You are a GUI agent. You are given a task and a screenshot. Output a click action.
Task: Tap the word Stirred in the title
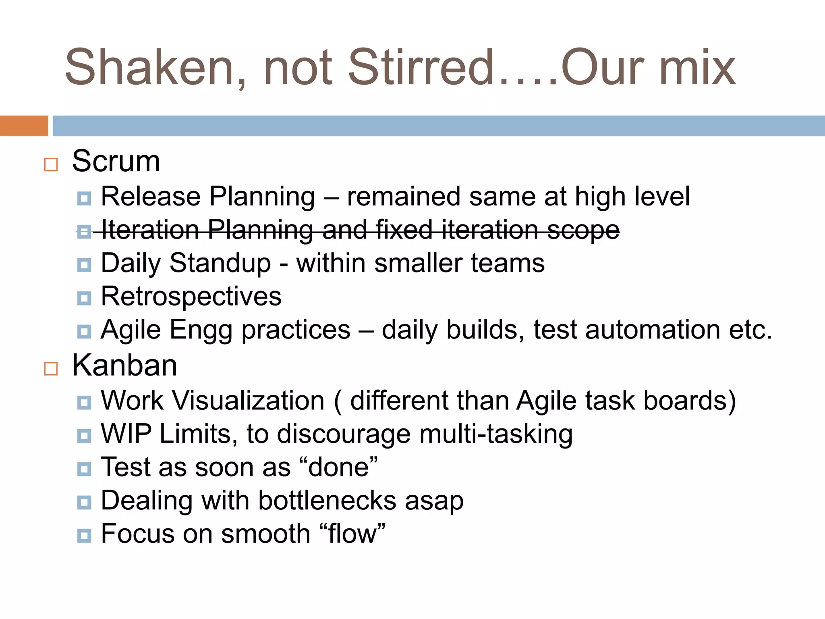tap(421, 68)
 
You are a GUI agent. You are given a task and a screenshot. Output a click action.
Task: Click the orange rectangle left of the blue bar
tap(24, 126)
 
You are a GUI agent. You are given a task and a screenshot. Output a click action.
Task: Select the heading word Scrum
tap(116, 161)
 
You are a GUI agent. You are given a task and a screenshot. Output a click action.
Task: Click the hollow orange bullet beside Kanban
tap(51, 368)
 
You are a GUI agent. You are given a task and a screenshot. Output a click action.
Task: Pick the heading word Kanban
tap(124, 366)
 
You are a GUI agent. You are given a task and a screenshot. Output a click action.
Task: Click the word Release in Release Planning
tap(151, 197)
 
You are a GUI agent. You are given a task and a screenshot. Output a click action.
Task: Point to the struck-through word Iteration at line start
tap(150, 230)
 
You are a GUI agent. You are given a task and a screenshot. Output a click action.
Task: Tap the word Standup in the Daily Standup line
tap(220, 264)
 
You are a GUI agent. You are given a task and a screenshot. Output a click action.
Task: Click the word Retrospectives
tap(191, 297)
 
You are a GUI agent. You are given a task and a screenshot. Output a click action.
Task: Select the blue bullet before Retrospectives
tap(84, 298)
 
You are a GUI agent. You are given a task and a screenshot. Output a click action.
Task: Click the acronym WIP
tap(126, 434)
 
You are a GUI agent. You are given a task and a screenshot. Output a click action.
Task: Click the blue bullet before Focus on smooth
tap(84, 536)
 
